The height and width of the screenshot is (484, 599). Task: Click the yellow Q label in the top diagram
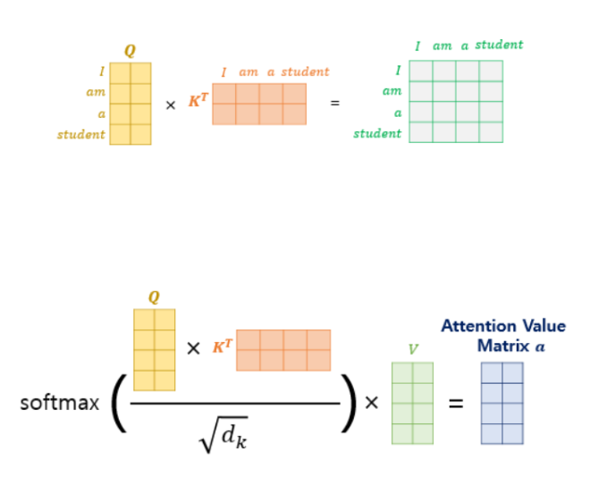(130, 51)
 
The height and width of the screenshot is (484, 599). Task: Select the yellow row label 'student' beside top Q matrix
(80, 135)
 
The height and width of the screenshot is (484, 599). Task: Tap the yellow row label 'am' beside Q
(97, 93)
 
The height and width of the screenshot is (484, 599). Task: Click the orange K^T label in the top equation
(198, 101)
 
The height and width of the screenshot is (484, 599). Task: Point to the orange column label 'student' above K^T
(306, 71)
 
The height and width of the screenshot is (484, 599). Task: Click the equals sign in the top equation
(335, 103)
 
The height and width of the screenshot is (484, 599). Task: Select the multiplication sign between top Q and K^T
(170, 104)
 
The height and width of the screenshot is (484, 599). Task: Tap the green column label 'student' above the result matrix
(499, 45)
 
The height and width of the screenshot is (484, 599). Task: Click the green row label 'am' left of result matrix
(392, 91)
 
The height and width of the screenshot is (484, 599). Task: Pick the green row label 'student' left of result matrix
(377, 134)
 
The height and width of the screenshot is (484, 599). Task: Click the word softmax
(60, 403)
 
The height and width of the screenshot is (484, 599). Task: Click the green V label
(413, 348)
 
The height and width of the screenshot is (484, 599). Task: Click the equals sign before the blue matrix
(456, 403)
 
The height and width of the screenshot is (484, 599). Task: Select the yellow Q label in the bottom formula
(154, 297)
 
